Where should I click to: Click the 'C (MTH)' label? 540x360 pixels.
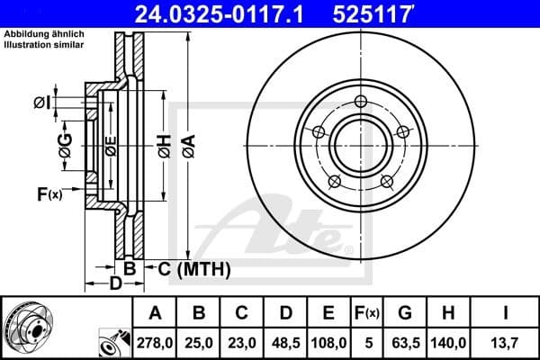[193, 268]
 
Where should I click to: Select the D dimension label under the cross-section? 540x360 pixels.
[115, 285]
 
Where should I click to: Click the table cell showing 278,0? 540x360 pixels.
[156, 343]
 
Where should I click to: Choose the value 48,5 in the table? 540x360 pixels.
[285, 343]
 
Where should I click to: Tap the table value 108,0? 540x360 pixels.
[328, 343]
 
